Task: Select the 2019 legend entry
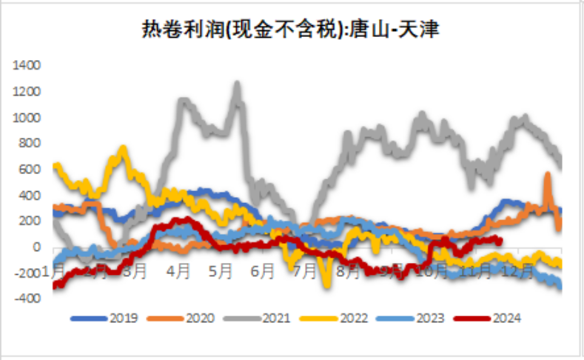pyautogui.click(x=108, y=319)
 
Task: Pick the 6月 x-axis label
pyautogui.click(x=263, y=272)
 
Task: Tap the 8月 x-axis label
pyautogui.click(x=347, y=272)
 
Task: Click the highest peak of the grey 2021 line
pyautogui.click(x=238, y=84)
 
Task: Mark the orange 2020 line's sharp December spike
pyautogui.click(x=548, y=175)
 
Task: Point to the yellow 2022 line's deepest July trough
pyautogui.click(x=326, y=284)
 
